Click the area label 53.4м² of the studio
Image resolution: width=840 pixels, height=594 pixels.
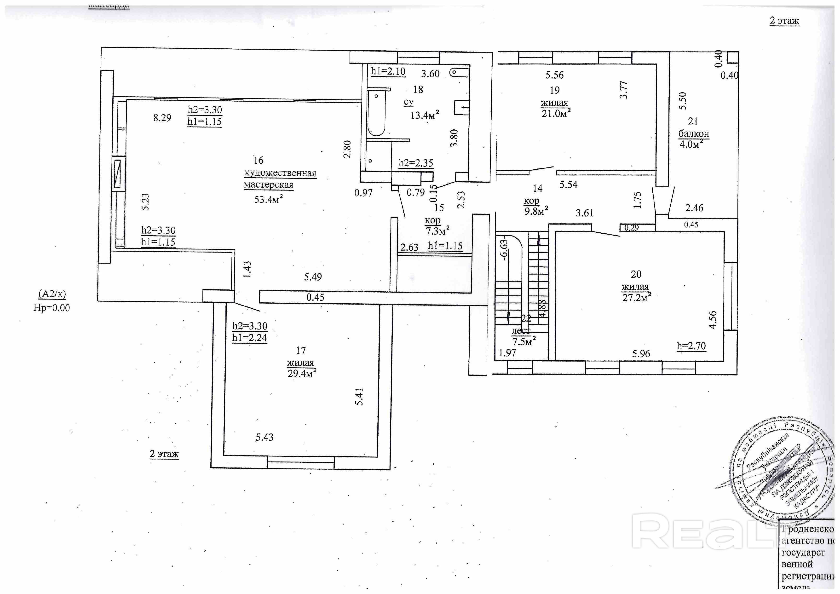point(269,199)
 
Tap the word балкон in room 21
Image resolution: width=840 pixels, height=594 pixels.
point(694,134)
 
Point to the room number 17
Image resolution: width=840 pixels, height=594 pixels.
point(301,351)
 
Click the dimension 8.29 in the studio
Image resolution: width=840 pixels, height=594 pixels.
point(162,118)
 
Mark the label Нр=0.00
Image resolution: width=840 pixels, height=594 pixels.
point(52,308)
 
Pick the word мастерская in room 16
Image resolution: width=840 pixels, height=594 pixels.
point(269,185)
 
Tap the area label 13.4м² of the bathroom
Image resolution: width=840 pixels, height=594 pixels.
point(424,115)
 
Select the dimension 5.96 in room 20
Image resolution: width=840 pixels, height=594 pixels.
point(641,353)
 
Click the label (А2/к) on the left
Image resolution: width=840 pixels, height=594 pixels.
point(52,294)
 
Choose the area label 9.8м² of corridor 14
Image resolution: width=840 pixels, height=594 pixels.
point(536,211)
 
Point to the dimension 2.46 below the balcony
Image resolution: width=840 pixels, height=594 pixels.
point(694,208)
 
